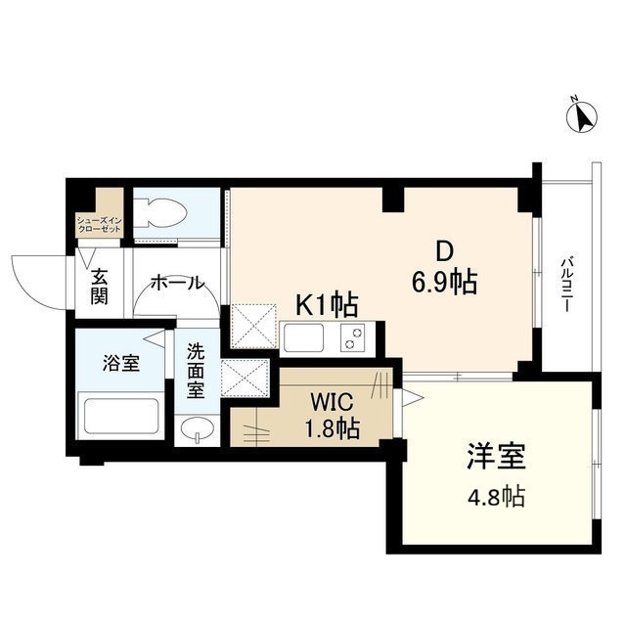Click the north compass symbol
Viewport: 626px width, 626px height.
[x=584, y=116]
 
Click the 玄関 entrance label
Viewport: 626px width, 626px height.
[x=101, y=285]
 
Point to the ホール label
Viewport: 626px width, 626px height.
[x=177, y=284]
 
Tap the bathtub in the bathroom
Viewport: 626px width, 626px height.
[x=120, y=415]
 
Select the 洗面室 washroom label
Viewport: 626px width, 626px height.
[x=197, y=371]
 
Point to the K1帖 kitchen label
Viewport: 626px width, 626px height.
[x=326, y=306]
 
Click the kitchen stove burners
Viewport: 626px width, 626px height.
[x=351, y=337]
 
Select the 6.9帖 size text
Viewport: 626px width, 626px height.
[x=444, y=283]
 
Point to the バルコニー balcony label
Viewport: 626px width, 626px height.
[x=566, y=284]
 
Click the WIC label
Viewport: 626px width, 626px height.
[x=328, y=402]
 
